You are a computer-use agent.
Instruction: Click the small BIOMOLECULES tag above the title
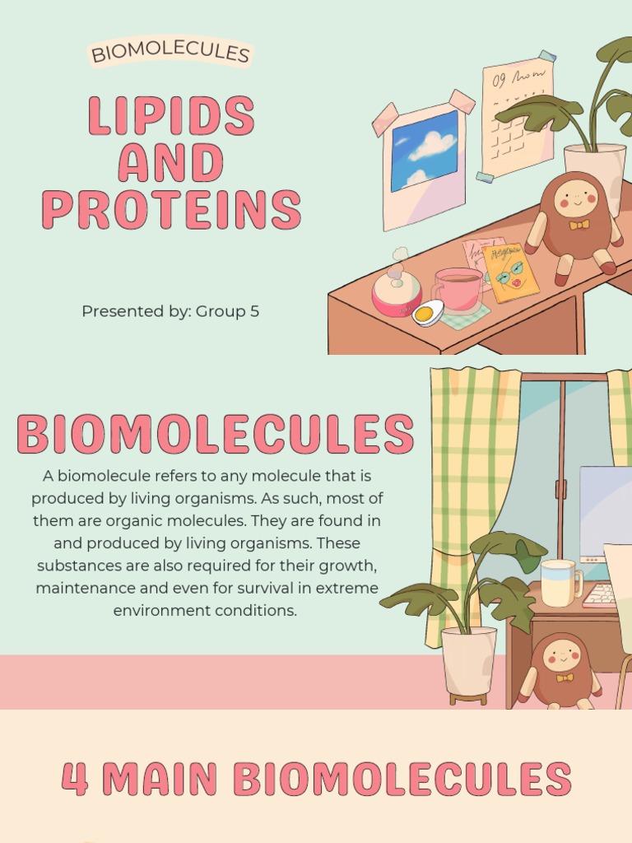coord(170,54)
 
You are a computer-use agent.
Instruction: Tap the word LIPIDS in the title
coord(170,116)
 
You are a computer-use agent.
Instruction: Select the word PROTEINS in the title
coord(171,210)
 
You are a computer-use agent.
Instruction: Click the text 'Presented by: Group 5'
coord(170,311)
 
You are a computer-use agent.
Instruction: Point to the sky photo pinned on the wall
coord(424,150)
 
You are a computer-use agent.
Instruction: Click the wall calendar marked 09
coord(517,115)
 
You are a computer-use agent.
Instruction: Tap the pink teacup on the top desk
coord(457,289)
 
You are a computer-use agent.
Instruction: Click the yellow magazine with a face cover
coord(510,272)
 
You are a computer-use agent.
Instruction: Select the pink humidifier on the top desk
coord(396,292)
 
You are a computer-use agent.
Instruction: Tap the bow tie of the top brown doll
coord(579,225)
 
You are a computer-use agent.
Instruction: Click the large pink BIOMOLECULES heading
coord(215,434)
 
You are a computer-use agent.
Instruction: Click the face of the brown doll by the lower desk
coord(562,655)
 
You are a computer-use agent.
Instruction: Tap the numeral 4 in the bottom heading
coord(75,779)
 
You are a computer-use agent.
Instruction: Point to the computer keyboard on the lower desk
coord(600,595)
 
